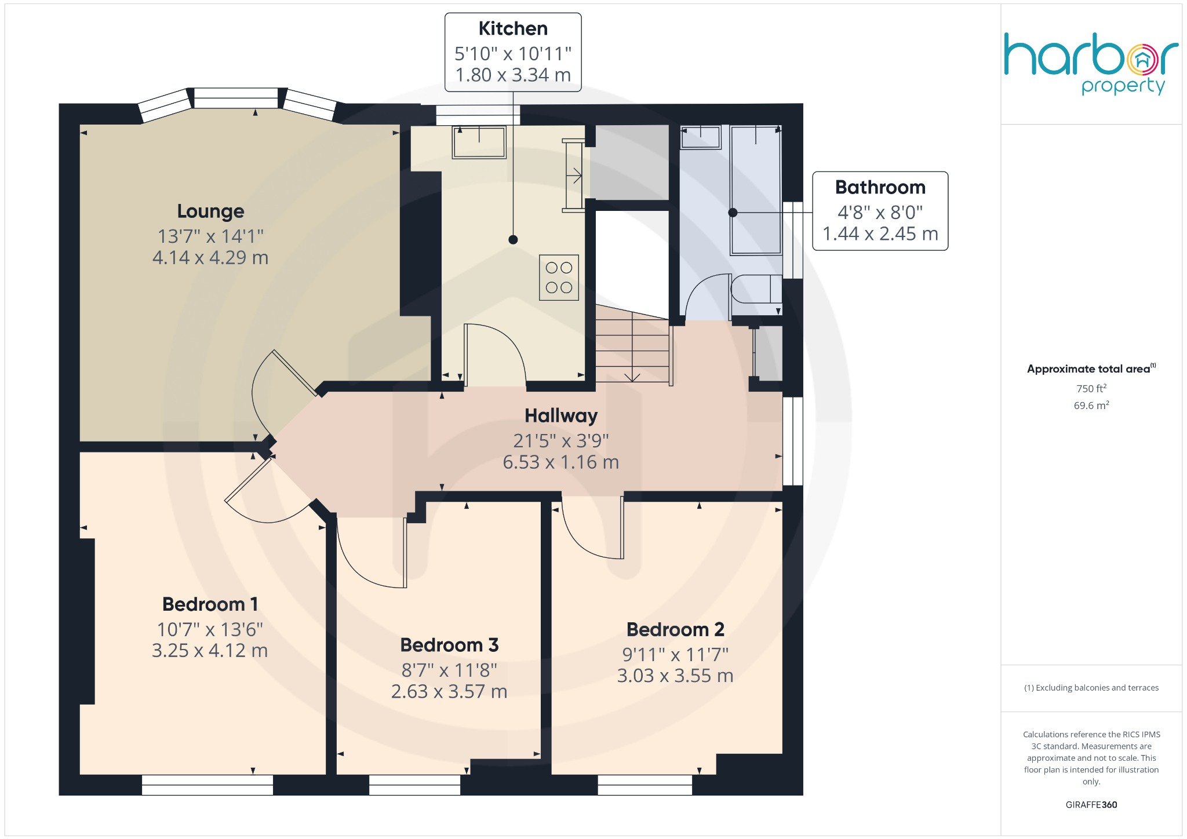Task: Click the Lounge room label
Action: [210, 211]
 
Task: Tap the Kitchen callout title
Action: [513, 29]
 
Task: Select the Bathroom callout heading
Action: [880, 188]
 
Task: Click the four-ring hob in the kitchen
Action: [559, 278]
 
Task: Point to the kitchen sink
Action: [479, 142]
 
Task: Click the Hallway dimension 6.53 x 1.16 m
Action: [560, 462]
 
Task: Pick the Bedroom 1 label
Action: [210, 604]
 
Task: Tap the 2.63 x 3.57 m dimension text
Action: [449, 692]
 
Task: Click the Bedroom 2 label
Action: [675, 630]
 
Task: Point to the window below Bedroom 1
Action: [207, 785]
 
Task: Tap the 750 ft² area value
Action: [1091, 389]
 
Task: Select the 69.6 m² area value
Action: [1091, 406]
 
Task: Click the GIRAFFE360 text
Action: [1091, 805]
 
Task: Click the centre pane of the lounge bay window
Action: [236, 99]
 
